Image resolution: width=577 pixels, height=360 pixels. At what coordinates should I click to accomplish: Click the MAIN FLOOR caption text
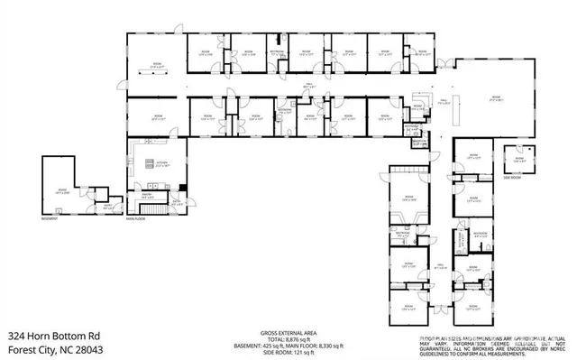(136, 219)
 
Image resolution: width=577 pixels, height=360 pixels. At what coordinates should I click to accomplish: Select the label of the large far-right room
(494, 100)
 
